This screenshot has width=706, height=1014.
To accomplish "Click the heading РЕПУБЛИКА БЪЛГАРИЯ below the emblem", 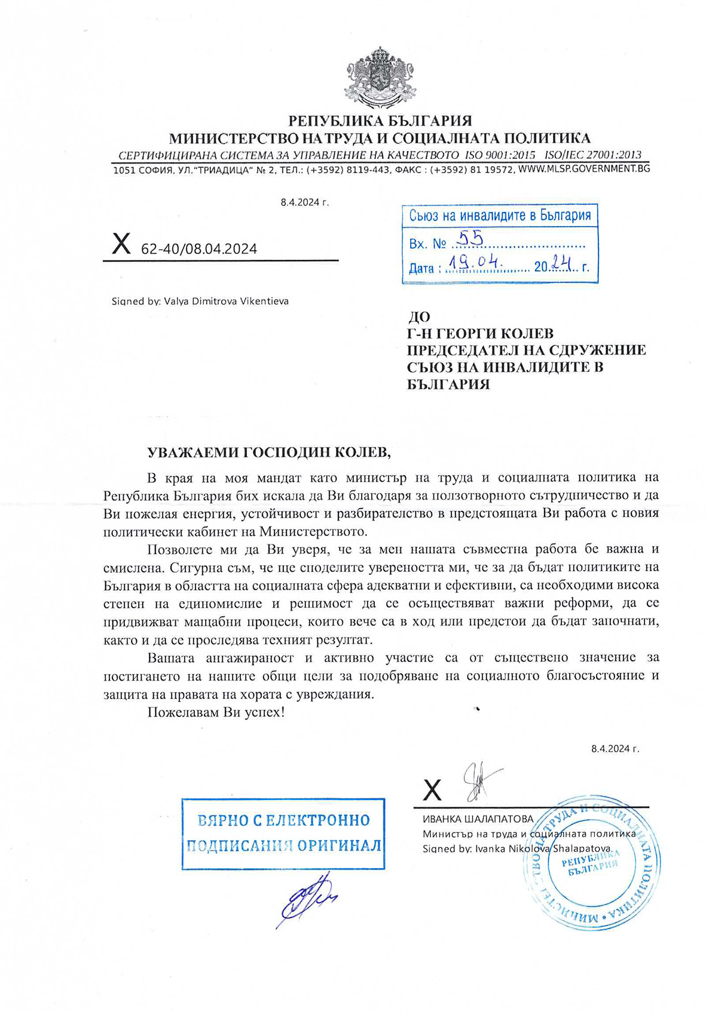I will [380, 121].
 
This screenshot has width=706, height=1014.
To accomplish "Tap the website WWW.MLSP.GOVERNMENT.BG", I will [583, 169].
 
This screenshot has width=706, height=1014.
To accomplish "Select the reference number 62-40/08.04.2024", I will [198, 249].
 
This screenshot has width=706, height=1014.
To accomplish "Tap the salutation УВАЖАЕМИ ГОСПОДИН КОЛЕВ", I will [269, 452].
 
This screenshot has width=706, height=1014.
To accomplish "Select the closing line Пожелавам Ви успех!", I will [216, 712].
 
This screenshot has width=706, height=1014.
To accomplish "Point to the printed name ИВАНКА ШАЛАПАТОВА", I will [478, 819].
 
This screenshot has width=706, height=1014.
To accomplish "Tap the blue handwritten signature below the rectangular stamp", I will [306, 897].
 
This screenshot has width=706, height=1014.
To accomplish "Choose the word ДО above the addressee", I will [418, 317].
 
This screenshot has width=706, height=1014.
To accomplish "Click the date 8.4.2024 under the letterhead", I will [304, 202].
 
